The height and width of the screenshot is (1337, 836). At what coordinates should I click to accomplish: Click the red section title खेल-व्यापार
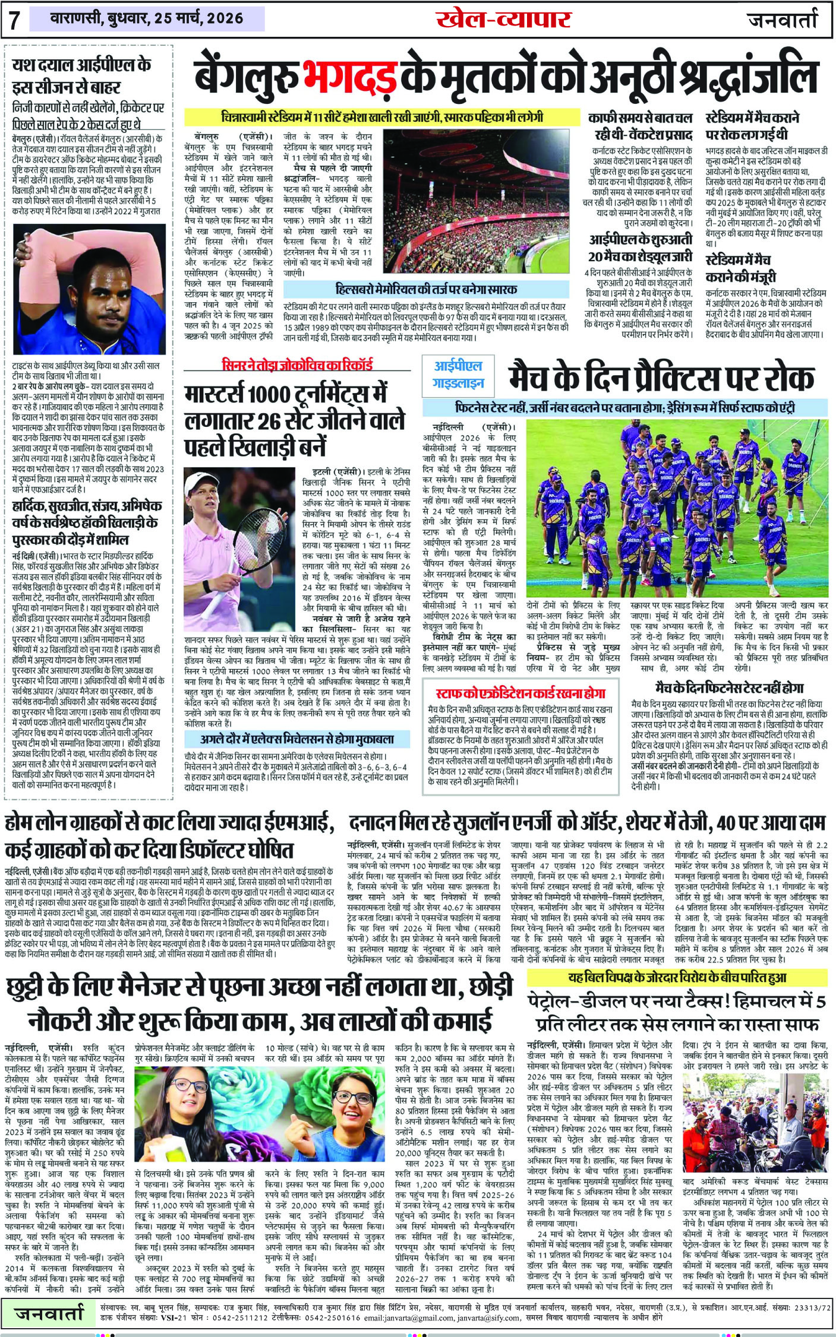(503, 20)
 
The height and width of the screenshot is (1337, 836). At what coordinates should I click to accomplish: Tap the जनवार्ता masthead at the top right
(781, 20)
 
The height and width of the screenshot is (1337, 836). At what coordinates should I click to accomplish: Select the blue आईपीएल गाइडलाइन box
(458, 375)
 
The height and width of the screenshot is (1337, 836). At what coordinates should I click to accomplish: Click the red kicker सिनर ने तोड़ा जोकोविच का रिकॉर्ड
(297, 364)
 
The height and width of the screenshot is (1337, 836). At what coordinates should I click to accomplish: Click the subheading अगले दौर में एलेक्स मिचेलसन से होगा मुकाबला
(297, 739)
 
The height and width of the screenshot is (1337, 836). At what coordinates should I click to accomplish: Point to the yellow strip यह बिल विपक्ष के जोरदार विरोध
(677, 977)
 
